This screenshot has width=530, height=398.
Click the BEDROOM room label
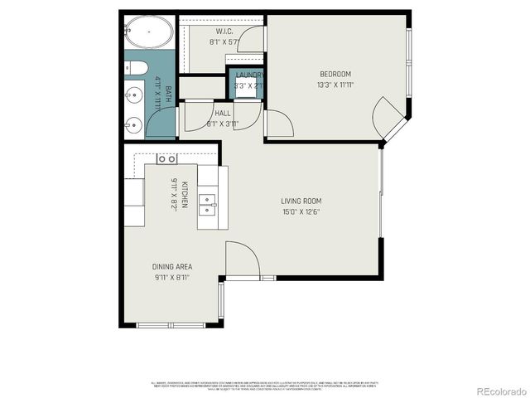(x=335, y=74)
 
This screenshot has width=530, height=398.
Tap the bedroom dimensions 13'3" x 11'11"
(x=335, y=85)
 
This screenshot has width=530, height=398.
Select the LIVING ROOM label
(x=301, y=201)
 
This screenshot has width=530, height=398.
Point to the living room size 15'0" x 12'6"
(x=301, y=211)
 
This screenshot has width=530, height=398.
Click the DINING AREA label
(x=172, y=267)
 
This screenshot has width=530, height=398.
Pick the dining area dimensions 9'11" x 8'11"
(x=172, y=278)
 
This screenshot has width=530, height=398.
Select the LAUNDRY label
(x=249, y=75)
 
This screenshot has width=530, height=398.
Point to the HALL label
(x=223, y=113)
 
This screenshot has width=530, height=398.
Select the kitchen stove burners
(x=166, y=158)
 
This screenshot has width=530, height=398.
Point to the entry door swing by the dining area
(x=242, y=259)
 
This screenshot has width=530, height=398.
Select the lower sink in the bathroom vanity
(x=132, y=125)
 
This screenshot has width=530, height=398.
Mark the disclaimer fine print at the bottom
(x=265, y=386)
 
